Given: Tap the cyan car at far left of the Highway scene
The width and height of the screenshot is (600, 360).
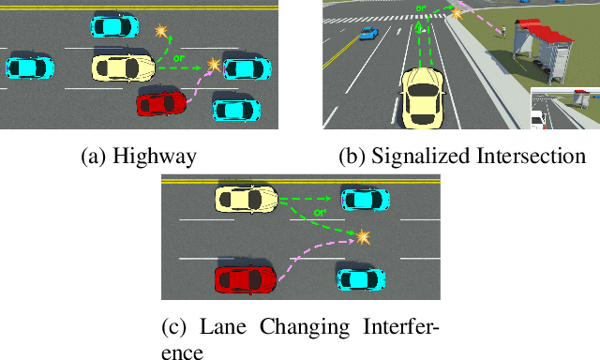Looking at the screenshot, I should point(30,67).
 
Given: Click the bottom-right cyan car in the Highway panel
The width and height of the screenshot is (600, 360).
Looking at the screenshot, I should point(237,109).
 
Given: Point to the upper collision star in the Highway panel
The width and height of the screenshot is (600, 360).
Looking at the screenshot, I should point(162,33).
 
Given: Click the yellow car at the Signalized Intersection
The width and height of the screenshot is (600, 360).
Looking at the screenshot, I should point(424,97).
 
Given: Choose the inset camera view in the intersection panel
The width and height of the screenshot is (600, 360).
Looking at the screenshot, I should point(564,108).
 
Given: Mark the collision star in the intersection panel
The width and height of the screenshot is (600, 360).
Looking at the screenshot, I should point(457,11).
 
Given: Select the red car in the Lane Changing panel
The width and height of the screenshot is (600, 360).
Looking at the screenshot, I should point(246,279).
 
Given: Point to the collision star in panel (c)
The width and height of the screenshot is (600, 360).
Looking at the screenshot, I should point(360,234).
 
